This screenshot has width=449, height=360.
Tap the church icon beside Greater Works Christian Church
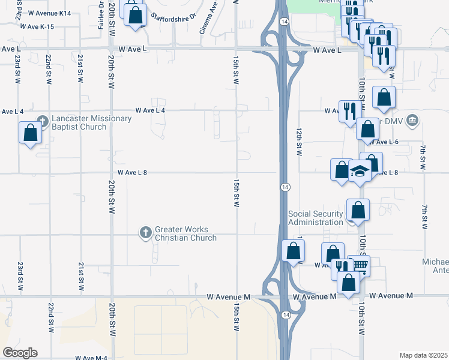click(x=145, y=233)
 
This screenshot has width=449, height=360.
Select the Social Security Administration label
click(x=316, y=218)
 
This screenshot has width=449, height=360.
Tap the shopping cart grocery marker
click(x=359, y=265)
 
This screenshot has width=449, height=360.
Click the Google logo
click(x=20, y=353)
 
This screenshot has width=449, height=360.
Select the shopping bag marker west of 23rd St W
click(x=30, y=133)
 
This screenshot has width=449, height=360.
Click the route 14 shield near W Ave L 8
click(x=285, y=187)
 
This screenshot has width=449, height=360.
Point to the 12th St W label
click(x=298, y=140)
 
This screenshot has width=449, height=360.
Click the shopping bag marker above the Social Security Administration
click(x=358, y=210)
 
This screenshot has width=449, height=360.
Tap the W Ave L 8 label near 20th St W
click(x=132, y=172)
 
